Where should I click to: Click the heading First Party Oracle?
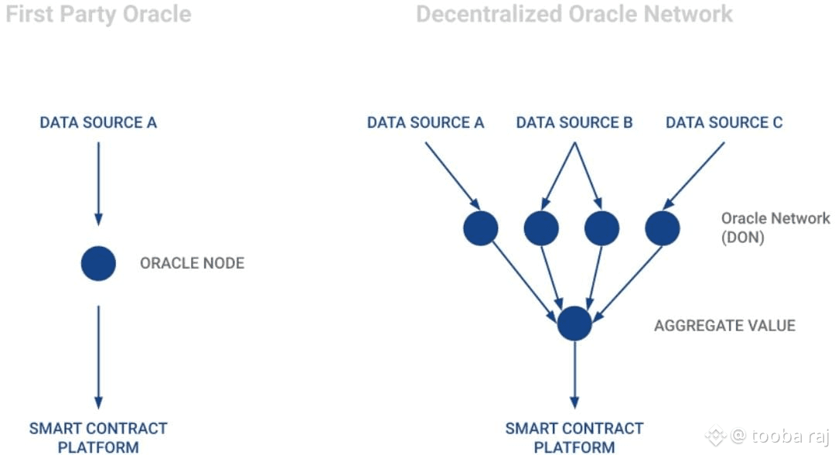tap(98, 14)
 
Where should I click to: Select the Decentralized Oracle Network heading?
tap(574, 14)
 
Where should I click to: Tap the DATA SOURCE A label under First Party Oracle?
tap(98, 122)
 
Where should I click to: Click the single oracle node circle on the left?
tap(98, 263)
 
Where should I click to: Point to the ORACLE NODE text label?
tap(192, 263)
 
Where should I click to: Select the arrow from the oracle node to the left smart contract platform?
tap(98, 356)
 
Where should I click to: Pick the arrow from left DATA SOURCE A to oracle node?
tap(98, 182)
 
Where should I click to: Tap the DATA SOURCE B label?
tap(574, 122)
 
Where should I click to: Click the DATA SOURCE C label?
tap(724, 122)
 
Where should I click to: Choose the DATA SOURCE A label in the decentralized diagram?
tap(425, 122)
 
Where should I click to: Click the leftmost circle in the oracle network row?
tap(480, 228)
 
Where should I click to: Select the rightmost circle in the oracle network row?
tap(662, 228)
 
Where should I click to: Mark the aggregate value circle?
tap(574, 323)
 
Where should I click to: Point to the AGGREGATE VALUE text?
tap(724, 325)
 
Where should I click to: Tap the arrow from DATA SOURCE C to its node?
tap(694, 174)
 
